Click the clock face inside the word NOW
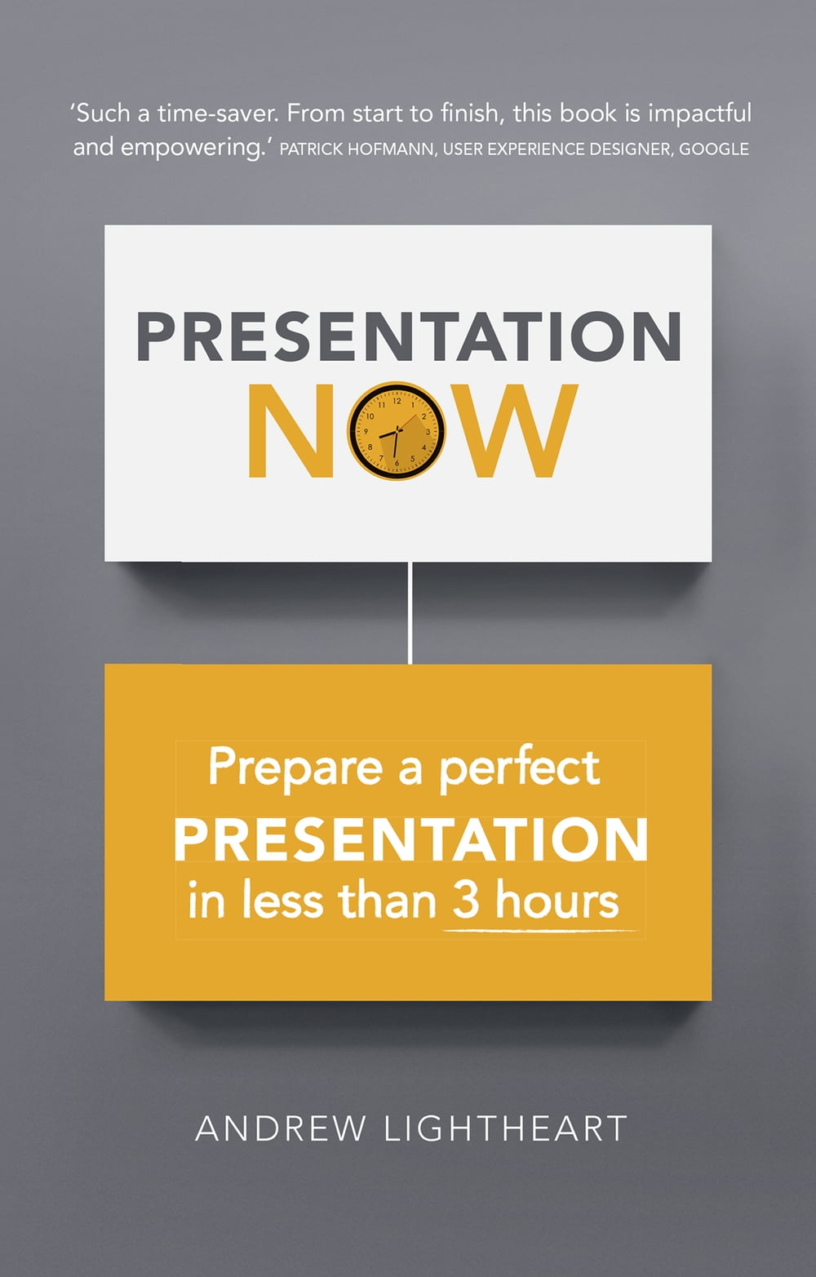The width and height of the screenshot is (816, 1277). [x=397, y=430]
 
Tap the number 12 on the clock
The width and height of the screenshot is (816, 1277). [x=397, y=401]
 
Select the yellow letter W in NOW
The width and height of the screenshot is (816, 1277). [x=510, y=430]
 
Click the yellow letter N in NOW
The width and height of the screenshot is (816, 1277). [x=291, y=430]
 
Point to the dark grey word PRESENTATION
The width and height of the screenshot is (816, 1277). [x=409, y=336]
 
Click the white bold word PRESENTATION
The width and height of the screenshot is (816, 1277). [x=410, y=839]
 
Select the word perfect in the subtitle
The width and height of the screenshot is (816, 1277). [x=520, y=767]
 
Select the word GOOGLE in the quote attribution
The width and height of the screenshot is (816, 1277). [x=714, y=149]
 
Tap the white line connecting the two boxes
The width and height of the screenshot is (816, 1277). [x=410, y=613]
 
